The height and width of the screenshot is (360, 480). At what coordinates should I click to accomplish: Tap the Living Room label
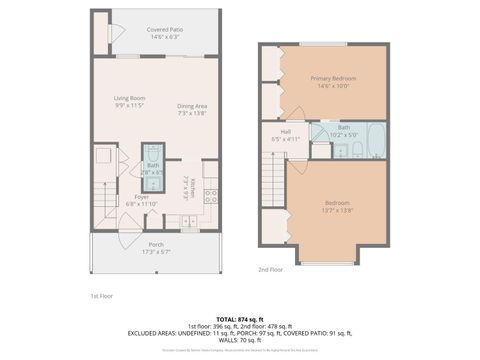(x=129, y=97)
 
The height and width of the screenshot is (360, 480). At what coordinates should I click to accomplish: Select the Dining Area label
(x=192, y=106)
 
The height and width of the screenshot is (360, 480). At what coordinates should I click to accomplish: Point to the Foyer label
(x=142, y=197)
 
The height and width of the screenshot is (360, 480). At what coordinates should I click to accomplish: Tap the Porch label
(x=156, y=244)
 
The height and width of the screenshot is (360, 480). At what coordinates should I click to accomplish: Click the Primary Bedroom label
(x=333, y=78)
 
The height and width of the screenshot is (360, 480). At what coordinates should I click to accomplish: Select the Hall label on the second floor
(x=285, y=132)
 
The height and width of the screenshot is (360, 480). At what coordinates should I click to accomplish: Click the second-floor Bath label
(x=343, y=127)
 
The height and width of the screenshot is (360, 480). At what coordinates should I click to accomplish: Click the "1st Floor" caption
(x=102, y=297)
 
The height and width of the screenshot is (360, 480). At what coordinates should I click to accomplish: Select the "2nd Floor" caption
(x=271, y=270)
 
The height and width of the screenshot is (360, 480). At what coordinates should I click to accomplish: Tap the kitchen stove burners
(x=211, y=196)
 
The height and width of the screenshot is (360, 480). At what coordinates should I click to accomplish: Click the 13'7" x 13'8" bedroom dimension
(x=337, y=209)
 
